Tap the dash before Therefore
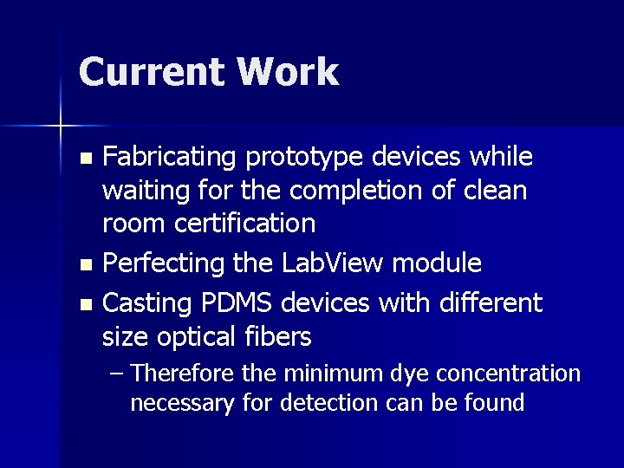point(119,374)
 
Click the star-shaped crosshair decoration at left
point(61,127)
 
